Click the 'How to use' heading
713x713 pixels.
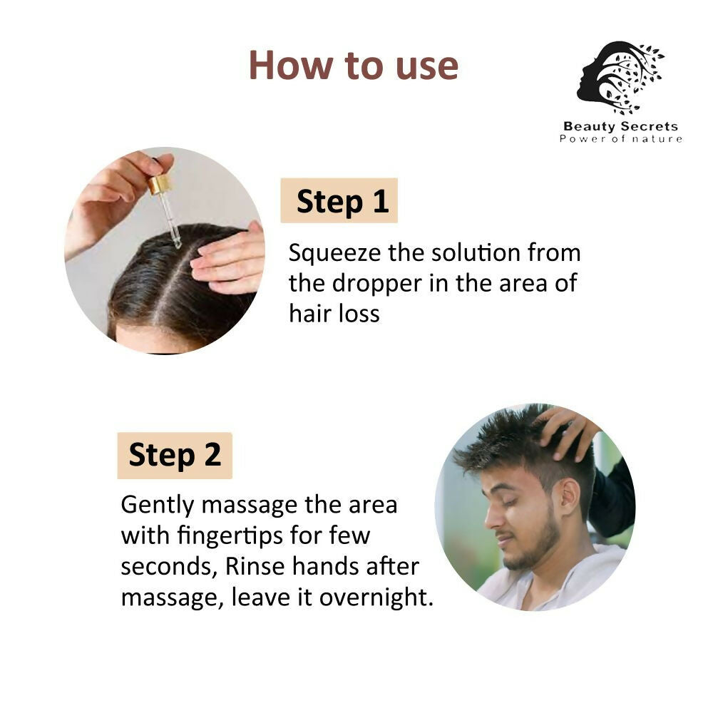353,66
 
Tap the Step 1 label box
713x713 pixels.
339,201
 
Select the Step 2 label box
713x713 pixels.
175,456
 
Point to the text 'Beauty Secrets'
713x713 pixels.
620,127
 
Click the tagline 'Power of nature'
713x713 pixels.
620,138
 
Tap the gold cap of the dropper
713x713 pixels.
159,185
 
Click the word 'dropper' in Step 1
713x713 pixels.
377,283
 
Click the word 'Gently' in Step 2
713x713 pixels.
158,505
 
